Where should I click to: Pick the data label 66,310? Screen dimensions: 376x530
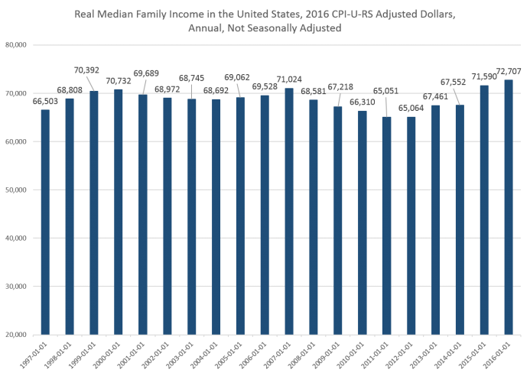[x=363, y=102]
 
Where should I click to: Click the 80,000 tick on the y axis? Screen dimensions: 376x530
[x=17, y=45]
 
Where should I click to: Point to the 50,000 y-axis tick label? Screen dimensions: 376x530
[x=17, y=190]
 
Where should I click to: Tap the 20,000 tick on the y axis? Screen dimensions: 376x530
[x=17, y=334]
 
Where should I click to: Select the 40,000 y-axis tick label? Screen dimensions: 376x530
[x=17, y=238]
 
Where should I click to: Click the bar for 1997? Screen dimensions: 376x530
[x=45, y=222]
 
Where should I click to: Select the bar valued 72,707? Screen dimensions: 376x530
[x=508, y=206]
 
